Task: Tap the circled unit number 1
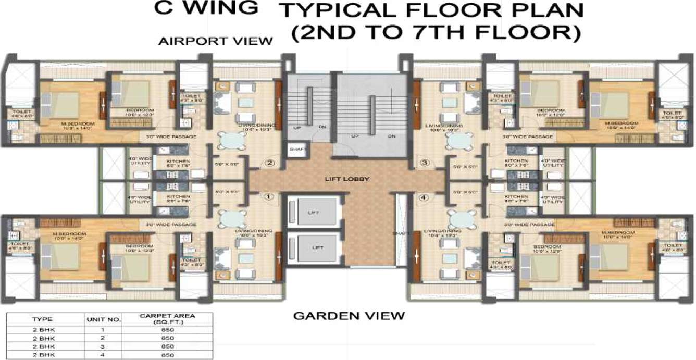tap(268, 197)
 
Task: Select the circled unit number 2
tap(269, 163)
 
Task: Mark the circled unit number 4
tap(424, 197)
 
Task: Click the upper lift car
tap(314, 213)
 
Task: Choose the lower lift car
tap(314, 247)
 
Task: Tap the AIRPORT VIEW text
tap(216, 41)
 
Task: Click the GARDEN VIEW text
tap(349, 316)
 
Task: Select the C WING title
tap(206, 8)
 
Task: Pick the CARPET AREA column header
tap(167, 319)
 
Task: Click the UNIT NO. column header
tap(103, 319)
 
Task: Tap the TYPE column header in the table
tap(42, 319)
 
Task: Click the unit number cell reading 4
tap(103, 355)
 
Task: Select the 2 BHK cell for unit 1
tap(42, 329)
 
